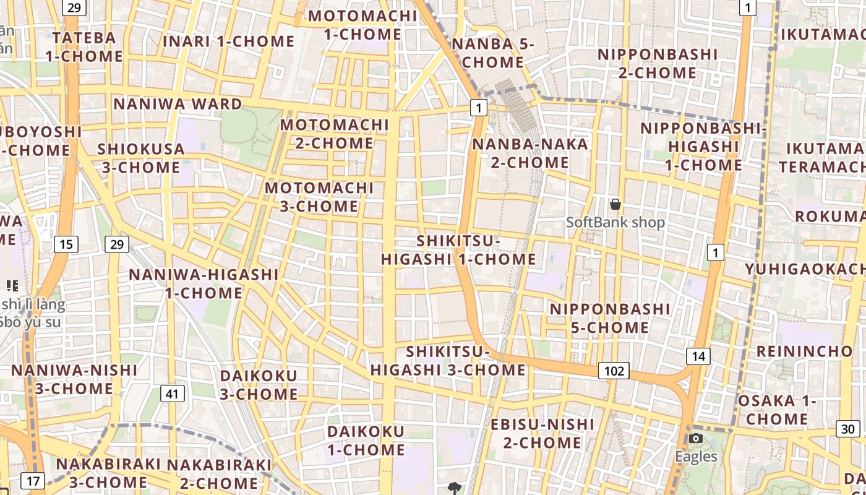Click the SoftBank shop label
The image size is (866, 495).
(x=615, y=222)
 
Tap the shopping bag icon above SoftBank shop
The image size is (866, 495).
(x=615, y=204)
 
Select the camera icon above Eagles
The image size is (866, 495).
(x=696, y=439)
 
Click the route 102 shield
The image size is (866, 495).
(x=614, y=371)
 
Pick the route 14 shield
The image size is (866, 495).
(x=698, y=356)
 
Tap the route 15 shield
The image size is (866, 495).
(x=66, y=244)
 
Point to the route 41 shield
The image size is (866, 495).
(x=173, y=393)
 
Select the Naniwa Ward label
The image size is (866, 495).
(x=178, y=104)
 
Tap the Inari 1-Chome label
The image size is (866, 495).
(x=228, y=41)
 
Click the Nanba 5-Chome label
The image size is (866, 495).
(x=492, y=53)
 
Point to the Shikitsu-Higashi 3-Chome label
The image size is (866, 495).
(x=448, y=361)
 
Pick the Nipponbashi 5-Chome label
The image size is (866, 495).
(x=610, y=318)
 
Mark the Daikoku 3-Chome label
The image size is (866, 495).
(x=259, y=384)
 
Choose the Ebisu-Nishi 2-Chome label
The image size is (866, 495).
(x=542, y=434)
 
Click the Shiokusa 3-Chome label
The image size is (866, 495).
(x=140, y=158)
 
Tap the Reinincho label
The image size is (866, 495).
(x=804, y=351)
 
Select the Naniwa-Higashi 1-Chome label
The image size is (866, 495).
(x=203, y=283)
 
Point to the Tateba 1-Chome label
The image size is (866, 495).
(x=84, y=47)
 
